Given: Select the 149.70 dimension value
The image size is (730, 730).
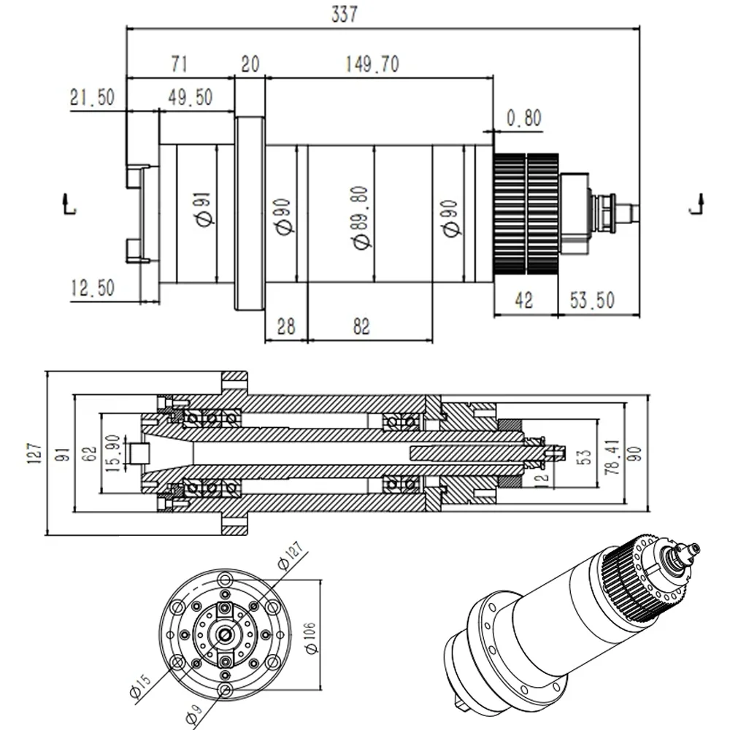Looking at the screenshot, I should tap(372, 64).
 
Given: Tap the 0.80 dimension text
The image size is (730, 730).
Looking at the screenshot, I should tap(523, 118).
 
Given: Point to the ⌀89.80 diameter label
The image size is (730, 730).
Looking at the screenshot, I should tap(360, 218).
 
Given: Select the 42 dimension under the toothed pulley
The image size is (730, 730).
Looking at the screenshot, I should tap(524, 300).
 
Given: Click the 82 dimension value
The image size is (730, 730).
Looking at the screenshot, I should tap(361, 326).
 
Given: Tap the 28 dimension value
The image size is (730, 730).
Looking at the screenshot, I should tap(285, 326).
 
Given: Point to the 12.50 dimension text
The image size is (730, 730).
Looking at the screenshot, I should tap(93, 288).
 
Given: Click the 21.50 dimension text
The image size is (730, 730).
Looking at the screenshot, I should tap(92, 97).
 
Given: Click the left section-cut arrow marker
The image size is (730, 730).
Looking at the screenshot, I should tap(69, 204).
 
